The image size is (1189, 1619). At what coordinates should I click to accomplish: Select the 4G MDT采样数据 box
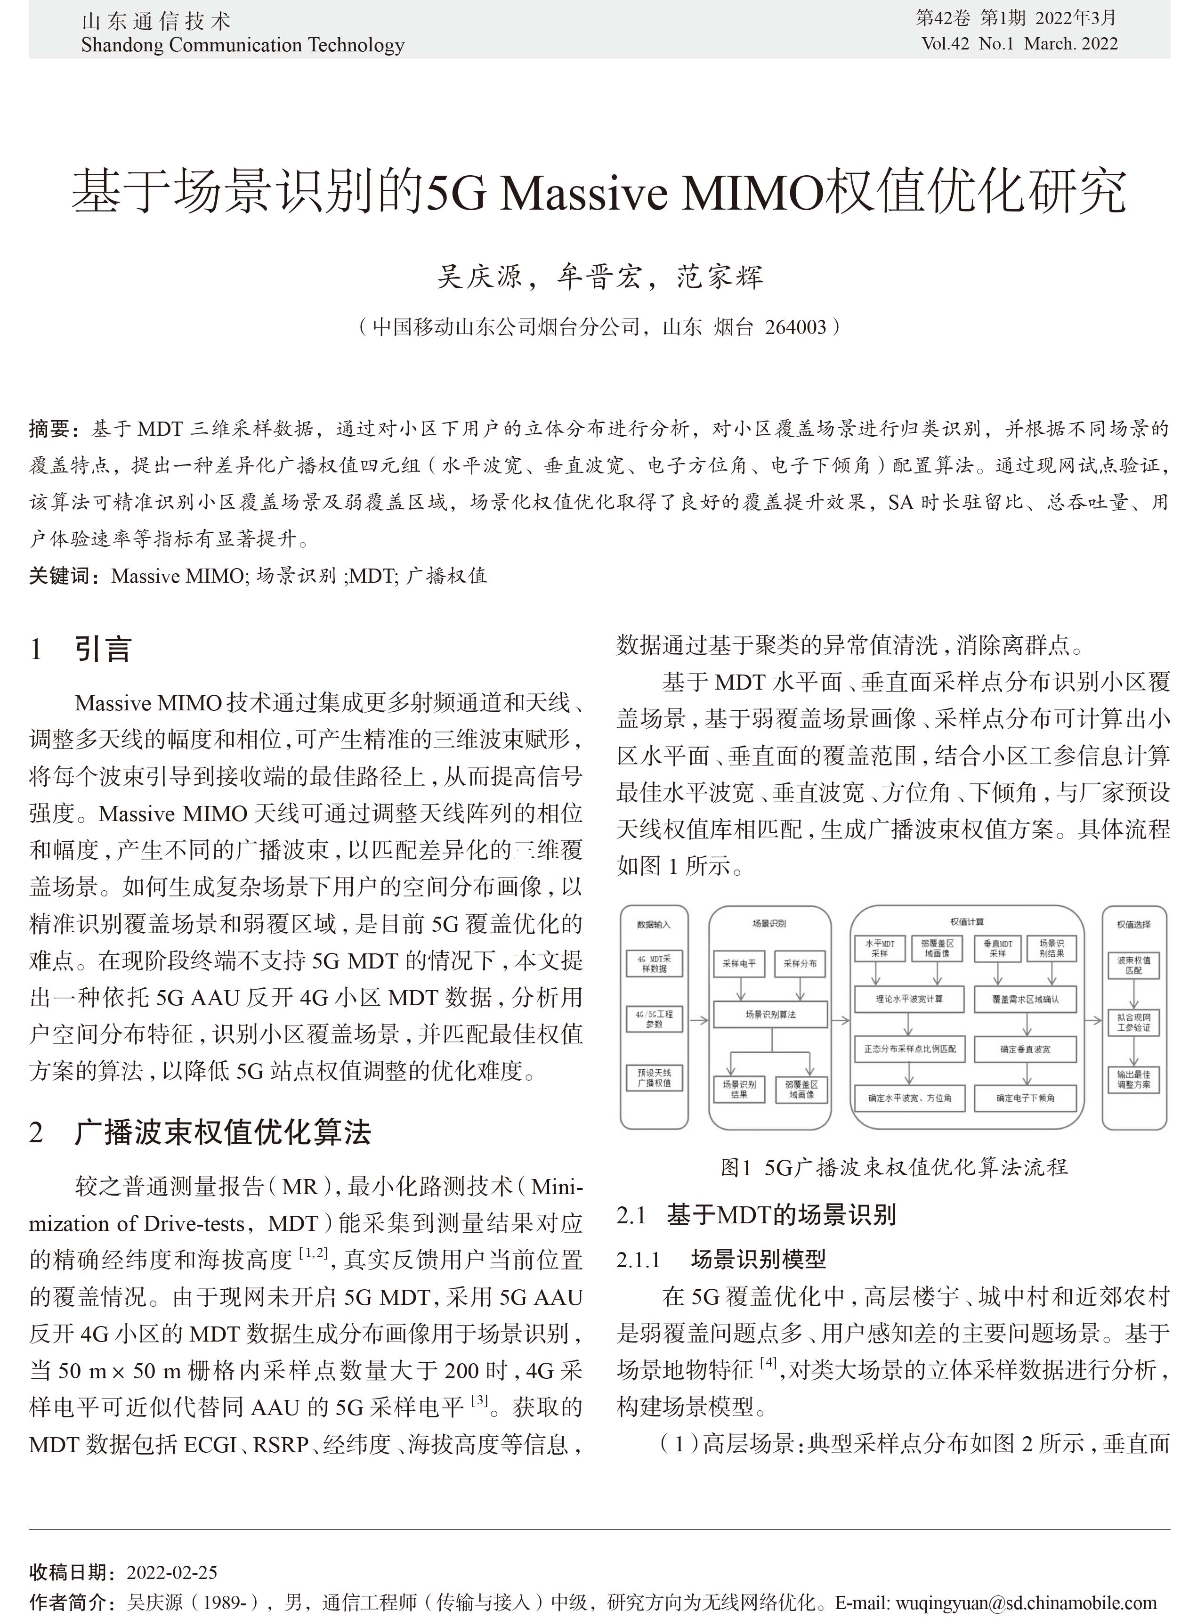point(654,963)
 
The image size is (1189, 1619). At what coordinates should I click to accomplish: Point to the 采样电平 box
point(739,963)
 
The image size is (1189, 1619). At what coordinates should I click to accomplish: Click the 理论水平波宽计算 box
point(909,999)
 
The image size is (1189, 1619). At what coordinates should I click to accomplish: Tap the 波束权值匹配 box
point(1133,965)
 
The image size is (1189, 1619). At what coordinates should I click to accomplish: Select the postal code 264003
point(795,327)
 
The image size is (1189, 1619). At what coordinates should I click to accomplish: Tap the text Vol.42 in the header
point(945,44)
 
